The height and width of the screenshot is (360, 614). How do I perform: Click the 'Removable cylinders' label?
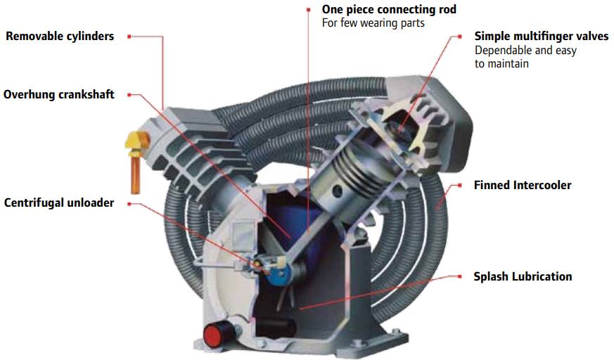click(x=60, y=36)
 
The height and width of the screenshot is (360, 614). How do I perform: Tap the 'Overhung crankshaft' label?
click(x=59, y=94)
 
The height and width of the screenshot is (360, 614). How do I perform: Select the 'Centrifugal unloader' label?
click(x=59, y=203)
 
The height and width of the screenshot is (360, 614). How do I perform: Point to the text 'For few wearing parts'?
click(x=373, y=23)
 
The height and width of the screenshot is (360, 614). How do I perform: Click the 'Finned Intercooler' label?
click(x=523, y=186)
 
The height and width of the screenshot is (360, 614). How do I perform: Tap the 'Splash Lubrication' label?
click(x=523, y=276)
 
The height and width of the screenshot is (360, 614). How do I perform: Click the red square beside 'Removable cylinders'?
click(x=129, y=36)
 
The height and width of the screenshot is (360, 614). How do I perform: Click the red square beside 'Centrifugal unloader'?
click(x=129, y=203)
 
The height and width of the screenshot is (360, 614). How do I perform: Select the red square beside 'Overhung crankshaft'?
click(x=129, y=94)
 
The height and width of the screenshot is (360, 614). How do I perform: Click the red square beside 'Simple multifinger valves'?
click(x=459, y=36)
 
